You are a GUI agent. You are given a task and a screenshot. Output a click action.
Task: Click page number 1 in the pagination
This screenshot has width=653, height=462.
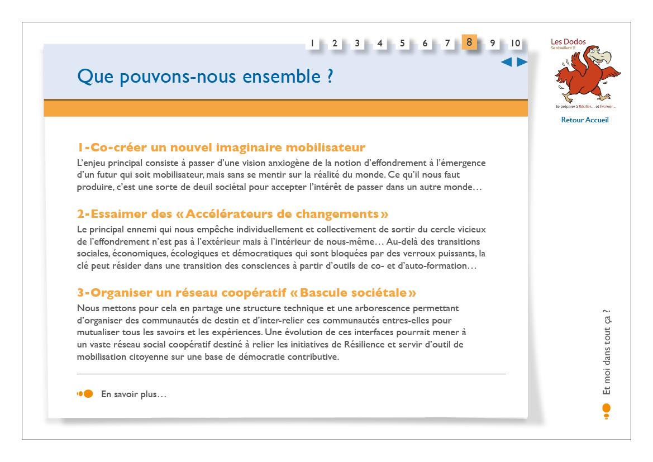click(312, 43)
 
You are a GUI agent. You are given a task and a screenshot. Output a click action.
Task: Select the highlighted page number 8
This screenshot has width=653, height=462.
click(469, 42)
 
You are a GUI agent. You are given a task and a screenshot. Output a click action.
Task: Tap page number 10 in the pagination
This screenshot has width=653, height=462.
click(515, 43)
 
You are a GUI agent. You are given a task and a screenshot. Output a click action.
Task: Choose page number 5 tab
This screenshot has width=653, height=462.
click(402, 43)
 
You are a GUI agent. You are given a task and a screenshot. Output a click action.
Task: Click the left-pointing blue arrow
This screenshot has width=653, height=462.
click(507, 63)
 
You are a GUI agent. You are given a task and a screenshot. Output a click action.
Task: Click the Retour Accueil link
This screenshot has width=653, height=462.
click(584, 120)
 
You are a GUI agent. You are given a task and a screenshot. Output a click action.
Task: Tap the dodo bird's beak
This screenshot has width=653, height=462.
click(603, 56)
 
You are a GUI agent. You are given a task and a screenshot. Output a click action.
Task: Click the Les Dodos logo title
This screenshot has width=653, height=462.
click(568, 42)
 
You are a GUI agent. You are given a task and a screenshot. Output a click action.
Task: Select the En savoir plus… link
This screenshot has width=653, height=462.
click(134, 394)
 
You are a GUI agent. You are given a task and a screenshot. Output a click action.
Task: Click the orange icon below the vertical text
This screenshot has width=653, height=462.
click(607, 410)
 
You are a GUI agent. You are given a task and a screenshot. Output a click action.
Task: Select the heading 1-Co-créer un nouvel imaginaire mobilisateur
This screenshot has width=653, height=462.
click(221, 147)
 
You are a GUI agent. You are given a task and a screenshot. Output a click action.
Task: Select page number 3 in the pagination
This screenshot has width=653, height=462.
click(357, 43)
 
